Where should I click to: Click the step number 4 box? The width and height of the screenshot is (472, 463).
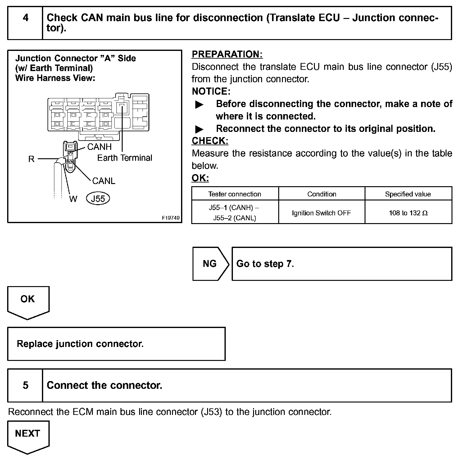click(x=25, y=23)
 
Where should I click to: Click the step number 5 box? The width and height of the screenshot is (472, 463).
click(x=25, y=385)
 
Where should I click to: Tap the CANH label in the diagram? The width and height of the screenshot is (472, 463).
click(x=99, y=146)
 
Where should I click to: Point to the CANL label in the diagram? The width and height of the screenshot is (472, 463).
click(x=104, y=181)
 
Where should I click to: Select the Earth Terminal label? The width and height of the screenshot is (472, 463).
click(x=125, y=158)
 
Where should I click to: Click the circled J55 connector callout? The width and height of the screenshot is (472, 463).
click(x=98, y=199)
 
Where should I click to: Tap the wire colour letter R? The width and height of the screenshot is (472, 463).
click(x=31, y=159)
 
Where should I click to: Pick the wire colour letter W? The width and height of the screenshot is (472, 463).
click(x=73, y=199)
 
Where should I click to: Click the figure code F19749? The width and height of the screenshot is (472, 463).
click(x=170, y=218)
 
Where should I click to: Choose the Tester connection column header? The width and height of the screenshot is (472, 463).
click(x=235, y=194)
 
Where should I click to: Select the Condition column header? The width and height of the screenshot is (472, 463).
click(x=322, y=194)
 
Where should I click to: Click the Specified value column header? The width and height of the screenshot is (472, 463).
click(x=408, y=194)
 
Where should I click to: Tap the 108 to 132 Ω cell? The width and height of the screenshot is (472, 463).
click(x=408, y=213)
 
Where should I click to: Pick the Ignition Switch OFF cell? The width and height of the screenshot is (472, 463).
click(x=321, y=213)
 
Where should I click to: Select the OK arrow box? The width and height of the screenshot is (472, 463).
click(x=28, y=300)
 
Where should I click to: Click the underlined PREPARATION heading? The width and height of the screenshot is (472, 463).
click(x=227, y=54)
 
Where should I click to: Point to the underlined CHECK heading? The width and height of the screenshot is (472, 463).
click(x=210, y=141)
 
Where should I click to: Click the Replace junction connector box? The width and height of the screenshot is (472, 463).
click(x=116, y=344)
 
